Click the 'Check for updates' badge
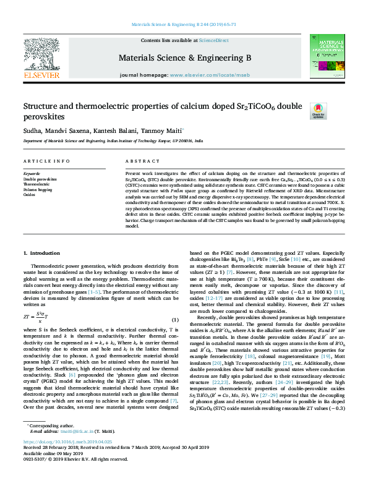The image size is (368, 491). click(318, 110)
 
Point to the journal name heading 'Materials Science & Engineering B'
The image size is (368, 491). click(184, 58)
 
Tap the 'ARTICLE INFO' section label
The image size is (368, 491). click(47, 161)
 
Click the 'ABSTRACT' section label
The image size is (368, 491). click(139, 161)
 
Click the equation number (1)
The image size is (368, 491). click(175, 319)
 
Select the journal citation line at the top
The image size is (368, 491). click(184, 24)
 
